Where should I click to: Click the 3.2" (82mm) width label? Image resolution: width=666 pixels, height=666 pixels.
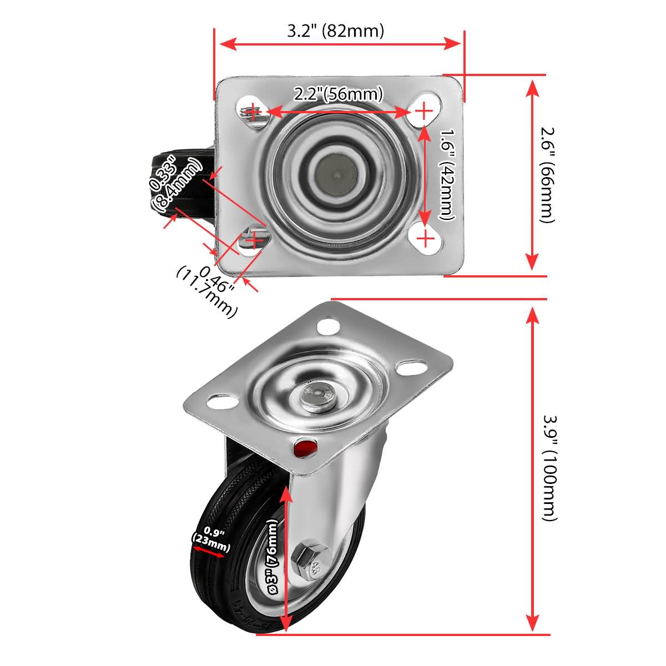(x=335, y=31)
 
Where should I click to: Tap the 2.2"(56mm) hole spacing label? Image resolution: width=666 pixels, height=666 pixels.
(x=339, y=94)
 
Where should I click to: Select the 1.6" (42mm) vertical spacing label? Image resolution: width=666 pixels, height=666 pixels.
(x=447, y=175)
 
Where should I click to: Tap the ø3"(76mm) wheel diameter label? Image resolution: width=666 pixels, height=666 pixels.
(x=272, y=561)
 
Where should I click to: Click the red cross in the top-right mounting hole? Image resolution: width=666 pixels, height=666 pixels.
(x=424, y=112)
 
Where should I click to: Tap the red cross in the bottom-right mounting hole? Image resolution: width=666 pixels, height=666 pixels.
(x=425, y=239)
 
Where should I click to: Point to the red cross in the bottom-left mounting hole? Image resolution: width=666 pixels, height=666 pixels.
(x=254, y=240)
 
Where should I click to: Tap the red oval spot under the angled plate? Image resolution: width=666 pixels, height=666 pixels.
(x=304, y=447)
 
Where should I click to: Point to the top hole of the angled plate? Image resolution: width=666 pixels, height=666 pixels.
(x=329, y=327)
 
